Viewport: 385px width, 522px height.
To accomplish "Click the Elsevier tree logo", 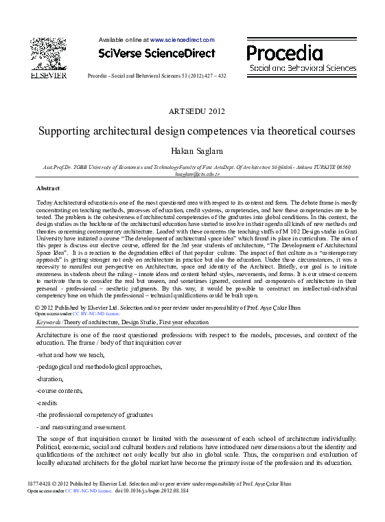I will coord(49,54).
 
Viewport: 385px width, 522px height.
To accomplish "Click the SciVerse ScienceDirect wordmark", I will coord(156,53).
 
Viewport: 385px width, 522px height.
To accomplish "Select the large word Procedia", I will coord(284,53).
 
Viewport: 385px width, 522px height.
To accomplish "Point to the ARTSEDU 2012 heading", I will coord(196,111).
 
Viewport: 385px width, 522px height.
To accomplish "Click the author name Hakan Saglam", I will coord(196,151).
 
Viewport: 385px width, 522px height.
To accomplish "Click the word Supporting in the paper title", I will coord(62,130).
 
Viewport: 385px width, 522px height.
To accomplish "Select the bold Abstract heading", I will coord(48,188).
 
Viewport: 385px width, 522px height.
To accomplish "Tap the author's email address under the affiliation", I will coord(197,174).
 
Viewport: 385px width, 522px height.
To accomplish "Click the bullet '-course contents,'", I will coord(59,390).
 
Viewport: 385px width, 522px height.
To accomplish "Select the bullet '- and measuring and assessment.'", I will coord(81,427).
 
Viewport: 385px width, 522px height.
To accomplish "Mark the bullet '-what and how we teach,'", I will coord(70,354).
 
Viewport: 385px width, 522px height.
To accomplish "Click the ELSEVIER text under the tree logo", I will coord(49,76).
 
